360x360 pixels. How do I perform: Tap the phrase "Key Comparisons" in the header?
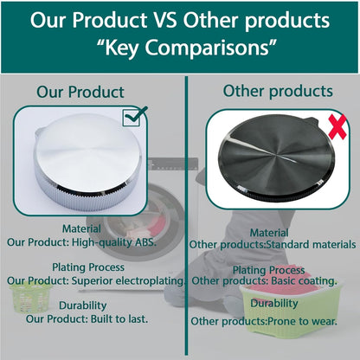pyautogui.click(x=179, y=48)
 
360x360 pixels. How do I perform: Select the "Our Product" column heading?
pyautogui.click(x=80, y=92)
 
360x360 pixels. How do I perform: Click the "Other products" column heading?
pyautogui.click(x=277, y=91)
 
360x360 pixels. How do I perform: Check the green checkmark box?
pyautogui.click(x=135, y=115)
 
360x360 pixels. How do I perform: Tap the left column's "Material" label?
pyautogui.click(x=83, y=228)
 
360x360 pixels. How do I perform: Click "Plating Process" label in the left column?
pyautogui.click(x=87, y=267)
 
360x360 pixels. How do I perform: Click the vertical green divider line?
pyautogui.click(x=186, y=216)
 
